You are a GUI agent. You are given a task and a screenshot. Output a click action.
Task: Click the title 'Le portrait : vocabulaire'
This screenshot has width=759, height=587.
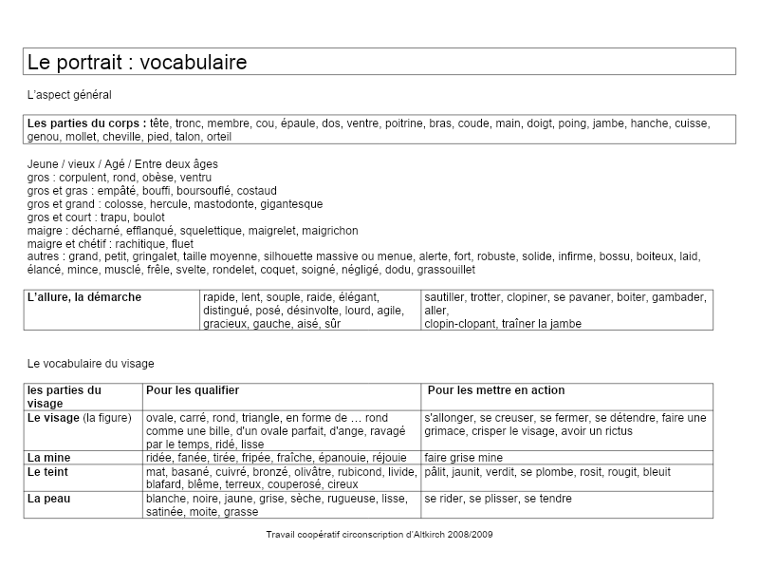(x=138, y=63)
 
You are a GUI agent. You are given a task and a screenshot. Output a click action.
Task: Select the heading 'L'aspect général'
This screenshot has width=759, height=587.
(x=69, y=95)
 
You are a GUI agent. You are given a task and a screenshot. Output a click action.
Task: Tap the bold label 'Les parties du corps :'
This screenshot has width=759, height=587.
(x=86, y=123)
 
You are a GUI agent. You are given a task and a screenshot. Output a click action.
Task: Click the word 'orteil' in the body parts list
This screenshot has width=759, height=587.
(x=218, y=136)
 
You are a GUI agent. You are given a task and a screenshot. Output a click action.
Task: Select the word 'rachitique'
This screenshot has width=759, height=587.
(x=142, y=243)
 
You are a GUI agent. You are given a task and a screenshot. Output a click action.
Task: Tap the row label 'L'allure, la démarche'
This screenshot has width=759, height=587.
(x=84, y=297)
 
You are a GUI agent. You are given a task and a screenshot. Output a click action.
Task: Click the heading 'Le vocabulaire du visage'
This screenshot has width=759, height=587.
(x=91, y=363)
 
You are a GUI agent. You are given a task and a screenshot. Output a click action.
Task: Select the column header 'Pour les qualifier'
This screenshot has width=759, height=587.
(x=193, y=390)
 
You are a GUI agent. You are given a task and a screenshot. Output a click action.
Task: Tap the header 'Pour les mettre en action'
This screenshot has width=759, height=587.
(x=496, y=390)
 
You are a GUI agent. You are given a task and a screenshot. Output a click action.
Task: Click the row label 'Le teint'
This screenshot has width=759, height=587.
(x=47, y=471)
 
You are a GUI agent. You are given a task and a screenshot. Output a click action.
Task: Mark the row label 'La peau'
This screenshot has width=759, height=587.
(x=49, y=498)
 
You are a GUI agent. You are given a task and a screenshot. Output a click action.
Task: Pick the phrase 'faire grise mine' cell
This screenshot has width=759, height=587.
(x=464, y=457)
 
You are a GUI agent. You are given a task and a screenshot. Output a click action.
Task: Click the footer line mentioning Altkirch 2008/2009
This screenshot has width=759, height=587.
(x=379, y=534)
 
